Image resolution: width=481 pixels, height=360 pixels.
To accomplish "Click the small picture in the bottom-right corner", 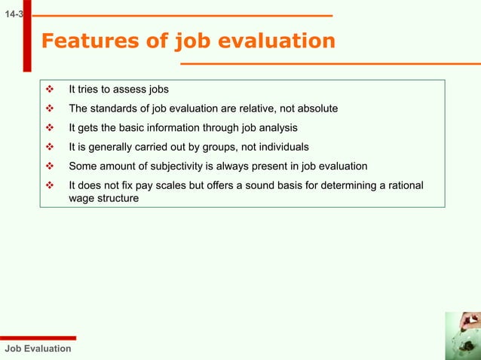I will pos(462,336).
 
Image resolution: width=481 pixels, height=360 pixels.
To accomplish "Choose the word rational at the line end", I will pos(403,185).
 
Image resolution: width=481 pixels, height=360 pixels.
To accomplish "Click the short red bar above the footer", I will pos(38,338).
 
